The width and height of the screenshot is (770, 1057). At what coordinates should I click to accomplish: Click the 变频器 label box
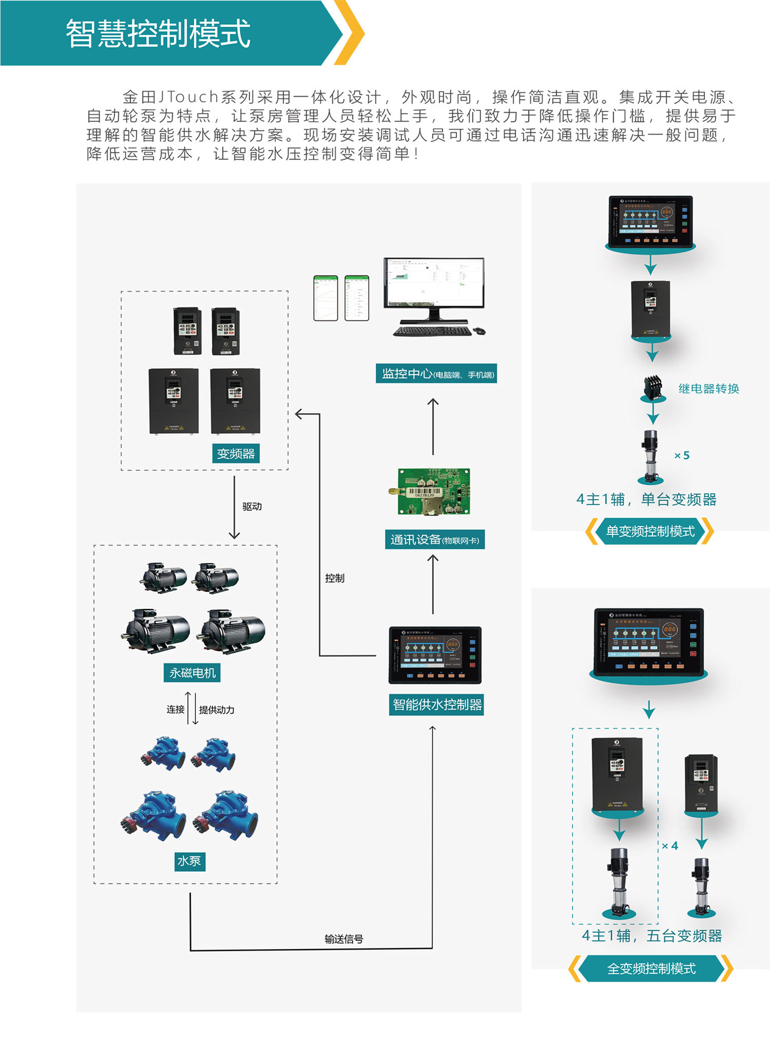236,453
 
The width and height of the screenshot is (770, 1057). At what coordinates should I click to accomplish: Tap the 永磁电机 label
192,673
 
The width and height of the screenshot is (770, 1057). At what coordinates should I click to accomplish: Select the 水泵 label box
189,861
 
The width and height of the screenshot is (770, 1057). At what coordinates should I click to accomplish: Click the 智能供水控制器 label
437,704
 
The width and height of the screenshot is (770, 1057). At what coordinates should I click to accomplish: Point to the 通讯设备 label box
434,540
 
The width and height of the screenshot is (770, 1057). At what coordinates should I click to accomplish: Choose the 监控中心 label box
436,373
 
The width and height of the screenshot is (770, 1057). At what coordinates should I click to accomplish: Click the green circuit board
433,492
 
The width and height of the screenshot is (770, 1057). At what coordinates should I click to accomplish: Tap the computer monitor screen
433,282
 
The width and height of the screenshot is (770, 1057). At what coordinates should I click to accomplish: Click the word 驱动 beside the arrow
252,506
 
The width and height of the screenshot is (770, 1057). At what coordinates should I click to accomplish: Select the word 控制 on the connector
334,578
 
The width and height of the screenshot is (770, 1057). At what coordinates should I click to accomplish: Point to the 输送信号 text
343,939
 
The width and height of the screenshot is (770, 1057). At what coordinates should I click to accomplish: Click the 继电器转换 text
708,389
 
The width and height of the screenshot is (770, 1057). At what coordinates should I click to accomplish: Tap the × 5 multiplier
682,455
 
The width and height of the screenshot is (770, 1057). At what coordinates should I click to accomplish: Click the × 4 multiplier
670,846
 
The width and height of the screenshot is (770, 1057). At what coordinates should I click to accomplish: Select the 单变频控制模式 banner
650,531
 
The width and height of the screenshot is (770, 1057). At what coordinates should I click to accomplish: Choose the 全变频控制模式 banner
651,969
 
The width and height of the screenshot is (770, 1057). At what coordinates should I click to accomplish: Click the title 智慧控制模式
158,34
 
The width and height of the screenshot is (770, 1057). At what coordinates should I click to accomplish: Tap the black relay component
652,387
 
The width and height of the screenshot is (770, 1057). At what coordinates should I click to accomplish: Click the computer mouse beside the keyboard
479,331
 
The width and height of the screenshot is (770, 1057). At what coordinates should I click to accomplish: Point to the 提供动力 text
217,710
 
